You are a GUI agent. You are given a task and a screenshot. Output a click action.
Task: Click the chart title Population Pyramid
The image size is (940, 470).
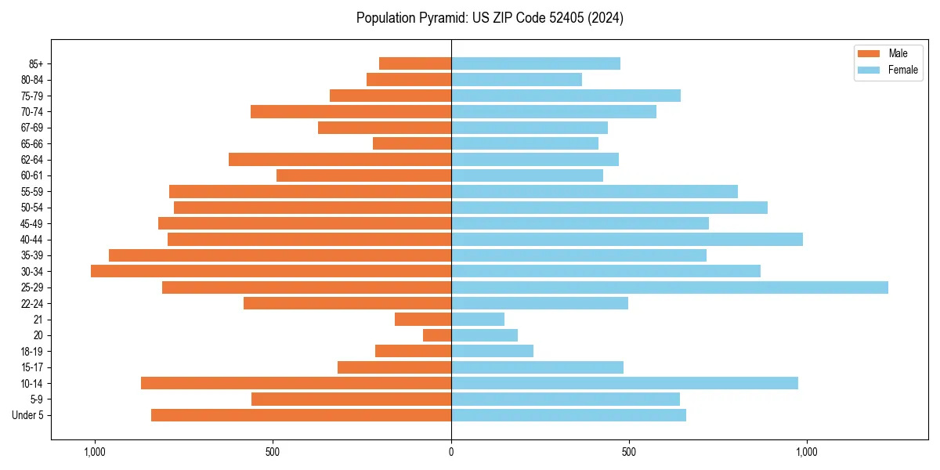pyautogui.click(x=490, y=18)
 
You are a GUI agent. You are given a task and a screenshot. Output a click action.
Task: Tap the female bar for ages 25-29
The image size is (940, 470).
pyautogui.click(x=670, y=287)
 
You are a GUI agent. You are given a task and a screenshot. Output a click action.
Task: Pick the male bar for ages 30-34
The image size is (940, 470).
pyautogui.click(x=271, y=271)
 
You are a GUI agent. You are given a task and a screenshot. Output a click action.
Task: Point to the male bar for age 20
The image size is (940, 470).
pyautogui.click(x=437, y=335)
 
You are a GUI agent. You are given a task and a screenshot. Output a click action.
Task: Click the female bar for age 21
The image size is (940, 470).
pyautogui.click(x=478, y=320)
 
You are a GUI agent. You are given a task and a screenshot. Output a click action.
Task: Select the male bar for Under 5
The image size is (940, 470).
pyautogui.click(x=301, y=415)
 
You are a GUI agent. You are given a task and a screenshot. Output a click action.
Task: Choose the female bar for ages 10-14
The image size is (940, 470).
pyautogui.click(x=624, y=383)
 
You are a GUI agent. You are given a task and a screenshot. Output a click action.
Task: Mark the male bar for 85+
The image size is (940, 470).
pyautogui.click(x=415, y=63)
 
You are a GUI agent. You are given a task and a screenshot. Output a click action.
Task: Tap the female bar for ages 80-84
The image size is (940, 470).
pyautogui.click(x=516, y=80)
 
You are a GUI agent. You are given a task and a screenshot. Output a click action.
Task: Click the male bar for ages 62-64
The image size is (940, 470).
pyautogui.click(x=340, y=160)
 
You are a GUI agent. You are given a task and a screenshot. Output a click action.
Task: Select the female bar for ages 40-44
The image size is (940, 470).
pyautogui.click(x=627, y=240)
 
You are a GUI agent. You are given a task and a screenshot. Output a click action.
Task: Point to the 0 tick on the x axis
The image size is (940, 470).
pyautogui.click(x=451, y=452)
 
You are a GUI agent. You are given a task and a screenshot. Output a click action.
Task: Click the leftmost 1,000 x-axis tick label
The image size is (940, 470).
pyautogui.click(x=94, y=452)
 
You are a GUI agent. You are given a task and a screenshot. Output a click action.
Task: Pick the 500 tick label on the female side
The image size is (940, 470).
pyautogui.click(x=628, y=452)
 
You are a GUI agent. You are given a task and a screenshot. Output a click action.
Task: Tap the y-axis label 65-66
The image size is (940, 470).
pyautogui.click(x=32, y=144)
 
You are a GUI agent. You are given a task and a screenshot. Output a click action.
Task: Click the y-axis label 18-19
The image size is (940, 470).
pyautogui.click(x=32, y=352)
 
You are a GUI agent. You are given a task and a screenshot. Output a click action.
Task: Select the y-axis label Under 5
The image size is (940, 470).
pyautogui.click(x=28, y=415)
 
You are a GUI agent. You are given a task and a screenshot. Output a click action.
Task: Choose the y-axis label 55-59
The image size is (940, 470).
pyautogui.click(x=32, y=192)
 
